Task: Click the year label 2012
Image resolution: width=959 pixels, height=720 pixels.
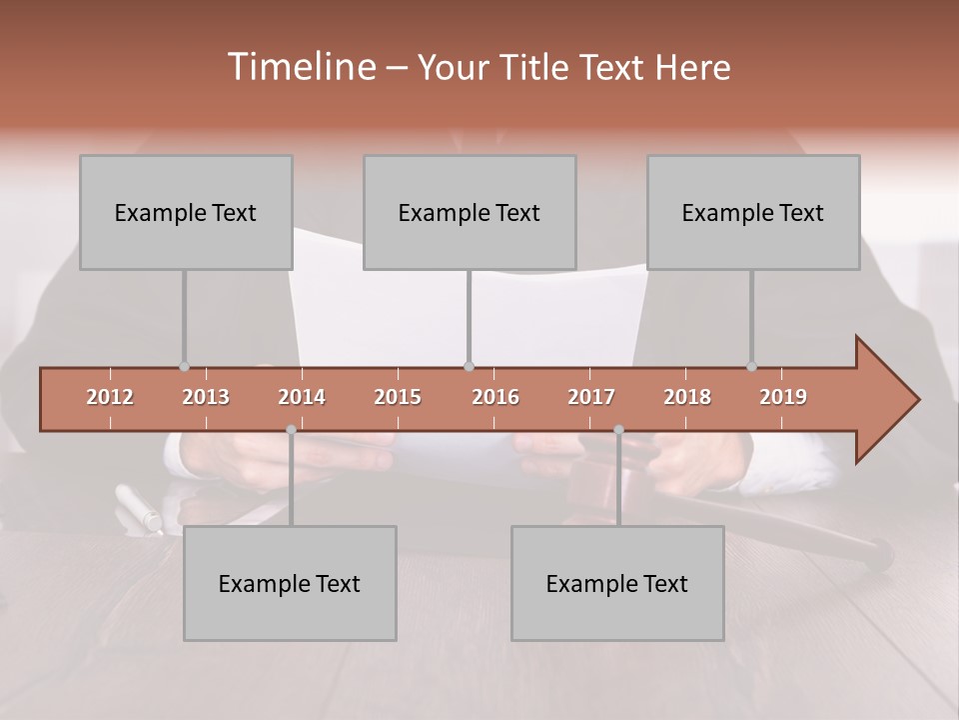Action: point(110,397)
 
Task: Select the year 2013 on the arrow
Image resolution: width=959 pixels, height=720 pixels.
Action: point(206,397)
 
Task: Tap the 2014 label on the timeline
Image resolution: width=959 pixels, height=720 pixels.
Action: point(302,397)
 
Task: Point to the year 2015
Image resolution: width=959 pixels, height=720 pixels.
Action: point(398,397)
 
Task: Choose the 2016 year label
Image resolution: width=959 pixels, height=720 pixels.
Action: point(495,397)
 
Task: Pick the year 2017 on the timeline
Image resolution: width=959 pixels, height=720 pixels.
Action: point(591,397)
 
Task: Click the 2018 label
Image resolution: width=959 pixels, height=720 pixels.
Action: point(687,397)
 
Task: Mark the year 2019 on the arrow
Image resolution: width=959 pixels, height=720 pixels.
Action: point(783,397)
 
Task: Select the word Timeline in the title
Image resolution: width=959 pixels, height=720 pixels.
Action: point(300,67)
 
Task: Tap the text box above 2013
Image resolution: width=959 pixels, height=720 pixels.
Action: point(186,212)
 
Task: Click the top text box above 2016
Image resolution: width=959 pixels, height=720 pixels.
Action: point(470,212)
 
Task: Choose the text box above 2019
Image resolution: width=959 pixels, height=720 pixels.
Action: point(753,212)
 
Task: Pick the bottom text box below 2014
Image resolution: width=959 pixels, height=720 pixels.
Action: point(290,583)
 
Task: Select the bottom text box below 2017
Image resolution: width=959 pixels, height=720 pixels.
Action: point(617,583)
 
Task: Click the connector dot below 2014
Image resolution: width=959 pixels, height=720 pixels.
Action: point(291,430)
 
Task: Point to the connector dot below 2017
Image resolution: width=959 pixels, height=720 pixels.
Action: point(618,430)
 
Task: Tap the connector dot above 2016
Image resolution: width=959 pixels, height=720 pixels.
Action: point(469,366)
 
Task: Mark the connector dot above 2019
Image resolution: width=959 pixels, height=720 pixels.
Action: point(751,366)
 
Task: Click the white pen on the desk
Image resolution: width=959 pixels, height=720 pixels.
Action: point(137,507)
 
